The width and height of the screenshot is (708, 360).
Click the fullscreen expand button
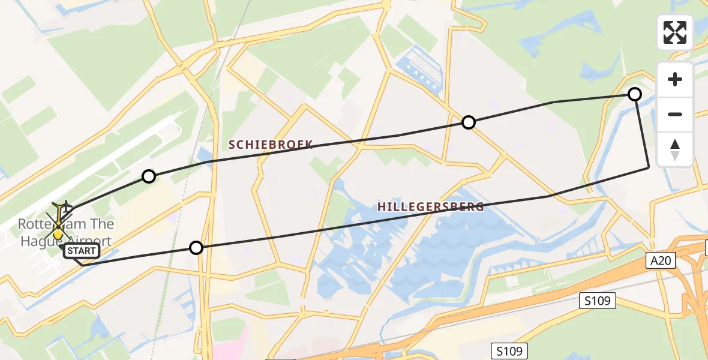[x=675, y=32]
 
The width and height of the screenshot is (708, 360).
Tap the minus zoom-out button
[x=675, y=114]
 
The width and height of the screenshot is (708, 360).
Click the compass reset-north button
[x=675, y=149]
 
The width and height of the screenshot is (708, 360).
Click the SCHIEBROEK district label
[x=270, y=144]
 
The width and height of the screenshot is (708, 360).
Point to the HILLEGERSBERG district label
[x=430, y=207]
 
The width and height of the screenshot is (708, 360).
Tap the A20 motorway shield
[x=662, y=260]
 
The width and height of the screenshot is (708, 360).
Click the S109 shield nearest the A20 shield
[x=598, y=301]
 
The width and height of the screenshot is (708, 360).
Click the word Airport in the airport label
[x=88, y=241]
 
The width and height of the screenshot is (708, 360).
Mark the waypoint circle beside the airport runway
[x=149, y=176]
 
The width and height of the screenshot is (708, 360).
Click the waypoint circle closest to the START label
[x=196, y=247]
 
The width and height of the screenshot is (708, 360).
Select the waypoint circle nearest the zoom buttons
[x=634, y=94]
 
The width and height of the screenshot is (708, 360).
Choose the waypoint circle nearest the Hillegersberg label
[x=468, y=122]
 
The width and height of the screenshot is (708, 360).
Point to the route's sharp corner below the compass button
[x=649, y=168]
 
